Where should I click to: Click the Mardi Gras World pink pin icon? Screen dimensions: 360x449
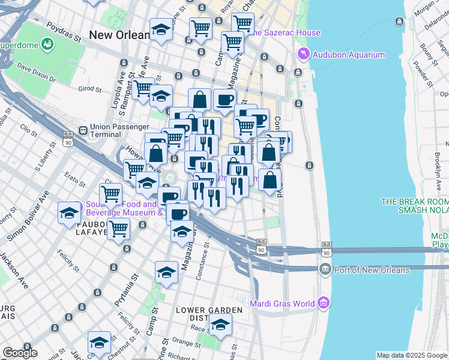pyautogui.click(x=325, y=302)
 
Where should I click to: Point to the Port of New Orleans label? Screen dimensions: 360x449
pyautogui.click(x=372, y=269)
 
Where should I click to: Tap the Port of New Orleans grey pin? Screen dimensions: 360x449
pyautogui.click(x=325, y=269)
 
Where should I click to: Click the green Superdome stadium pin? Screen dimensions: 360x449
pyautogui.click(x=47, y=44)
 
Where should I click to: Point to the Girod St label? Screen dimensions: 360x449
pyautogui.click(x=89, y=89)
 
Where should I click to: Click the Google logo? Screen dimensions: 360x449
pyautogui.click(x=20, y=353)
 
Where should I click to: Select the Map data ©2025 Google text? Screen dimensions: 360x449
pyautogui.click(x=412, y=355)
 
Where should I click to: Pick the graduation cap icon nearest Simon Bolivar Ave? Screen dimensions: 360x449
pyautogui.click(x=69, y=212)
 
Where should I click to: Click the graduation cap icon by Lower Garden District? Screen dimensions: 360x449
pyautogui.click(x=220, y=324)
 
